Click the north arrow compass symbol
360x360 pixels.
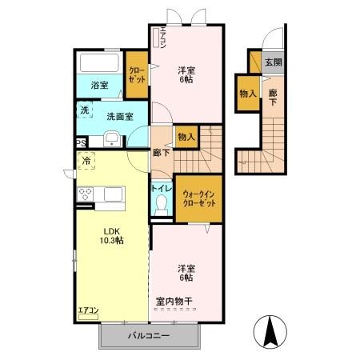pyautogui.click(x=271, y=330)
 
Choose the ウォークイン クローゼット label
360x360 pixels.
pyautogui.click(x=199, y=198)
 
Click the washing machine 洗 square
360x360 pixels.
pyautogui.click(x=85, y=110)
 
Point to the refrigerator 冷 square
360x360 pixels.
pyautogui.click(x=86, y=161)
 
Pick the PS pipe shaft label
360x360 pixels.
pyautogui.click(x=81, y=143)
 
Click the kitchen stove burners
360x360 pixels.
pyautogui.click(x=86, y=194)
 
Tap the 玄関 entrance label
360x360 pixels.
pyautogui.click(x=273, y=62)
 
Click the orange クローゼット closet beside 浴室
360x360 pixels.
pyautogui.click(x=137, y=74)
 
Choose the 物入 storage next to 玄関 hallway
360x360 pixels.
pyautogui.click(x=247, y=94)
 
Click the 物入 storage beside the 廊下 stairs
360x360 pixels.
pyautogui.click(x=186, y=138)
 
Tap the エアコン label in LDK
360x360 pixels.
pyautogui.click(x=87, y=310)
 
